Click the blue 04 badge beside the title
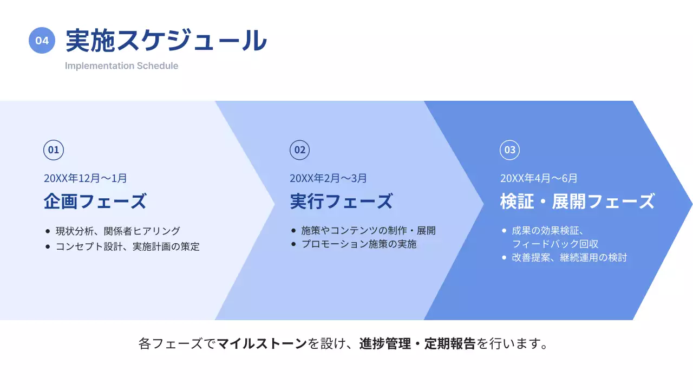point(42,41)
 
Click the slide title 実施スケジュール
point(166,41)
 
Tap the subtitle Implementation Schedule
point(121,66)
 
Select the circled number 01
point(54,150)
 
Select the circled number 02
point(299,150)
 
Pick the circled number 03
point(509,150)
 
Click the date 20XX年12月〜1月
point(86,178)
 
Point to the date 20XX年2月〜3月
point(328,178)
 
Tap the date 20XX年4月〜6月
point(539,178)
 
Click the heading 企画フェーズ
point(95,201)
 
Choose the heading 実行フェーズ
point(341,201)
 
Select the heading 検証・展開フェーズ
point(577,201)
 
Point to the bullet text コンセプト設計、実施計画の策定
point(127,247)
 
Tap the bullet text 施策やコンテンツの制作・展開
point(368,231)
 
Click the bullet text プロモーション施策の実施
point(359,244)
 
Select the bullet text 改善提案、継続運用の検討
point(569,258)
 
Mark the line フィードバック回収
point(555,244)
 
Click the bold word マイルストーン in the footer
point(262,344)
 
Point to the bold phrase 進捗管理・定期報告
point(417,344)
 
